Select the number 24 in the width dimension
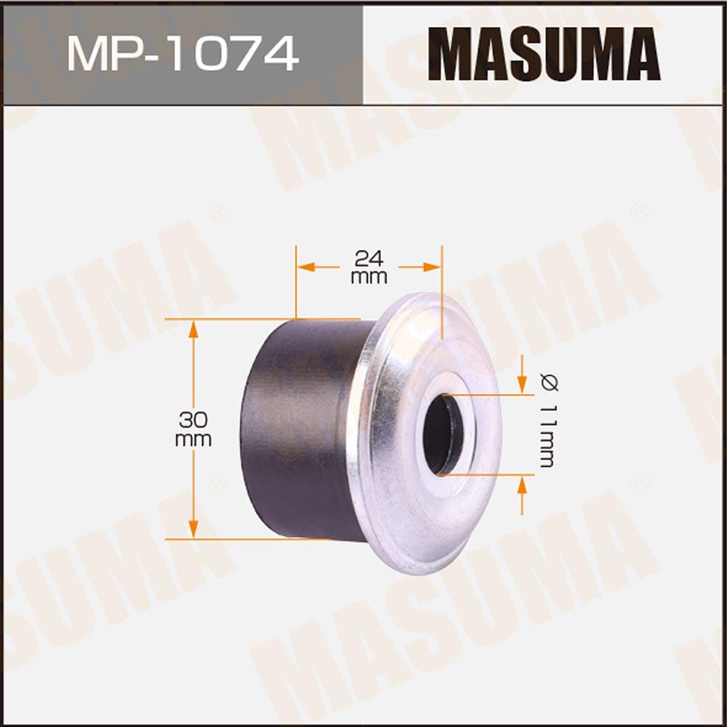(369, 257)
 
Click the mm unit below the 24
(369, 277)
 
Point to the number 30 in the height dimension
(193, 419)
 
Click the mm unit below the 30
(193, 439)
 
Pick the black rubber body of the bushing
(298, 429)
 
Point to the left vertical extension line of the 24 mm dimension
(296, 284)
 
